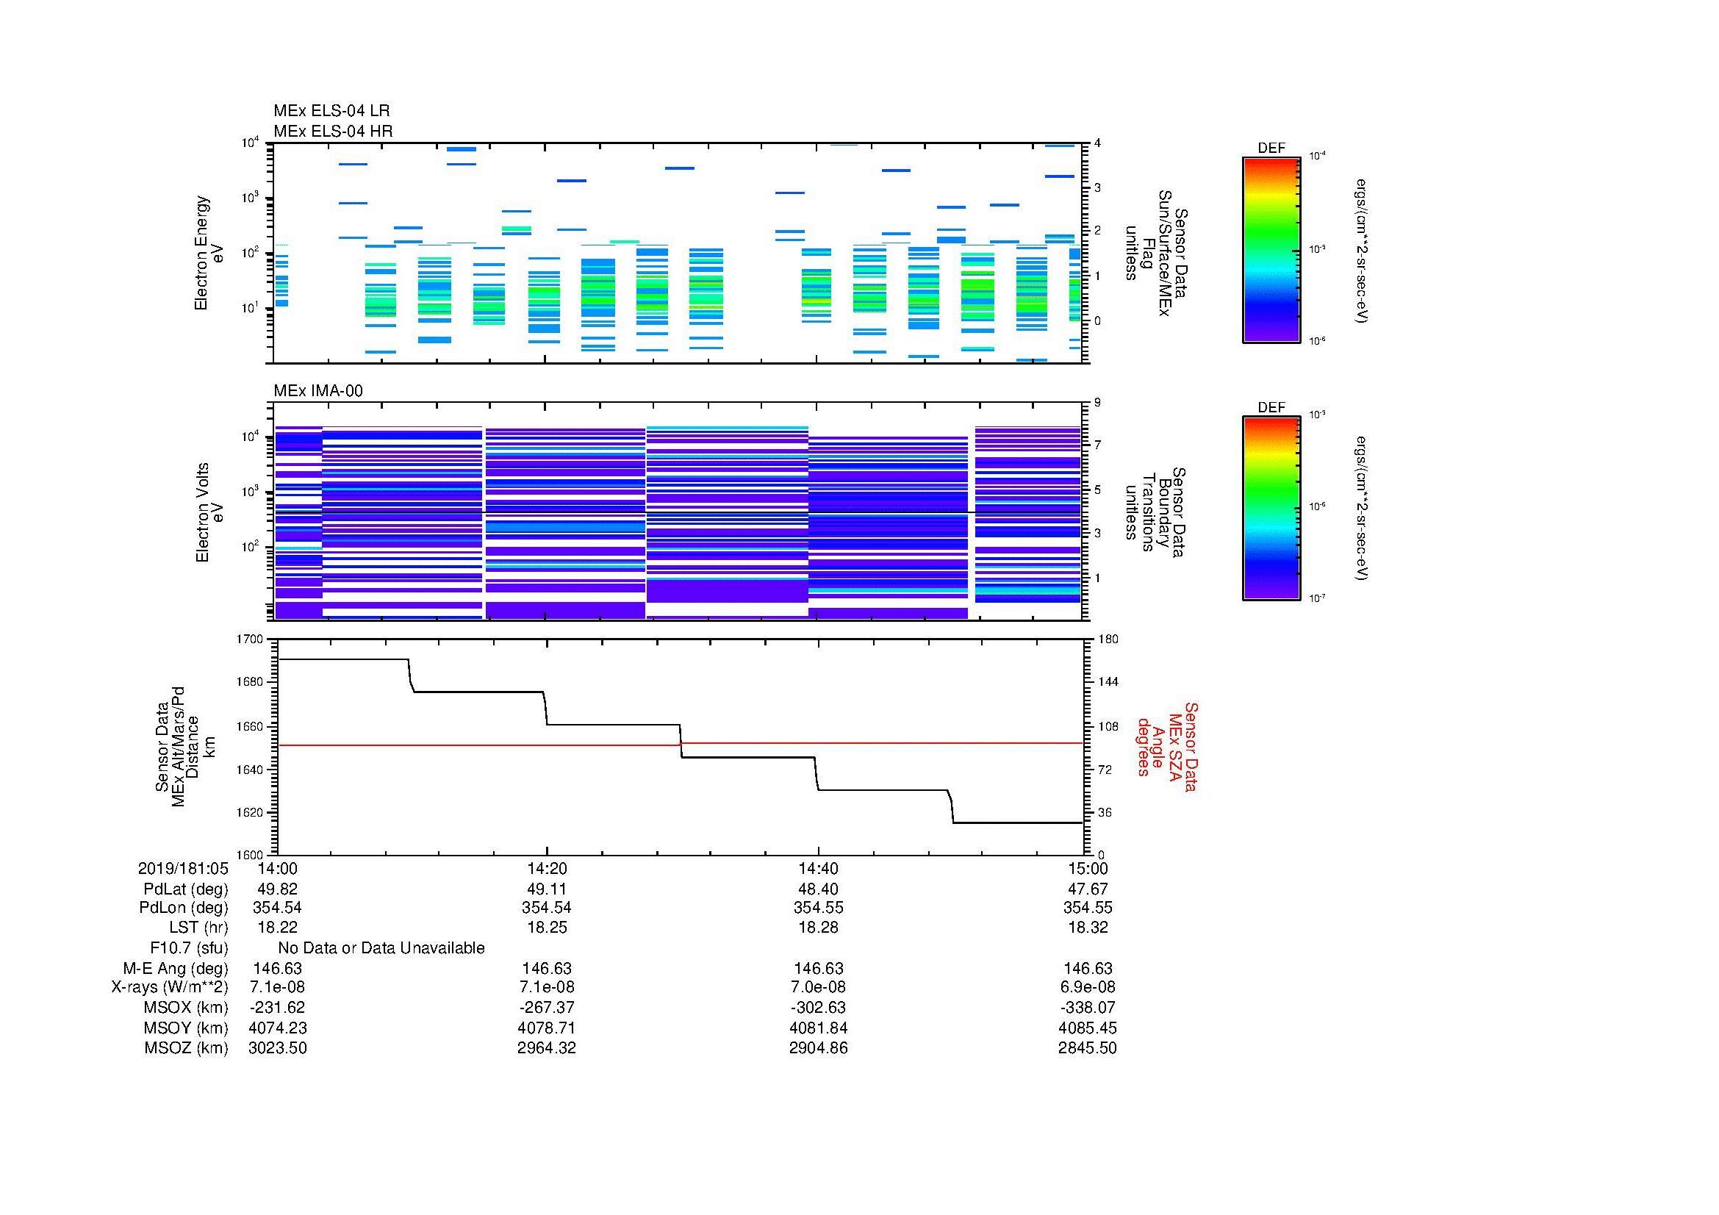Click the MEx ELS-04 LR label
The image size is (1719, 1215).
331,111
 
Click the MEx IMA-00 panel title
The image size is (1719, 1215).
317,391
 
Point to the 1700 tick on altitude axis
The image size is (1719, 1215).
251,639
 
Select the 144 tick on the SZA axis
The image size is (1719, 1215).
1108,682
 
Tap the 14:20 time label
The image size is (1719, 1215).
547,868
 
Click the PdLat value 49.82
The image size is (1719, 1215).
277,889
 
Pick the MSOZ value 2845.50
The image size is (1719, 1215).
1087,1048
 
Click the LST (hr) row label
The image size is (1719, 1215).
198,928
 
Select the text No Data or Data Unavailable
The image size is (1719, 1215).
381,948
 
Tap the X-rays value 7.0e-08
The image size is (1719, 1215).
818,987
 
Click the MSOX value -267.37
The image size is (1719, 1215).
547,1008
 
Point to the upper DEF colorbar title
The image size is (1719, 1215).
1271,148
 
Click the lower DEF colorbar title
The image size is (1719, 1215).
1271,407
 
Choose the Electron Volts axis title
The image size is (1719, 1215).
209,512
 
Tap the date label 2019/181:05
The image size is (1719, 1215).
183,868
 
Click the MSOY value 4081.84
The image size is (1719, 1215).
818,1028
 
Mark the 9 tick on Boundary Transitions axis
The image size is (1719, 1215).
1097,403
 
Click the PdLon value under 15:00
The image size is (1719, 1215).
1087,908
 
